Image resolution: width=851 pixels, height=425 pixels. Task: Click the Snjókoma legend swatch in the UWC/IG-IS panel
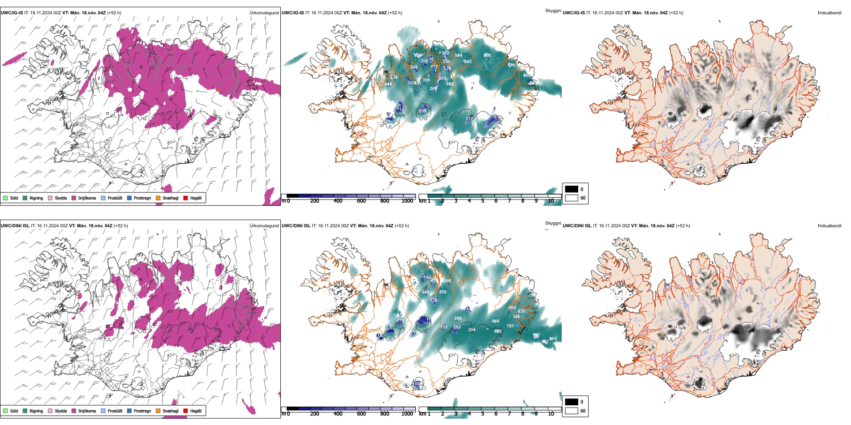click(74, 198)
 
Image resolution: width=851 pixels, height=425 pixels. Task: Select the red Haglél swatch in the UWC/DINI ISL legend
click(186, 411)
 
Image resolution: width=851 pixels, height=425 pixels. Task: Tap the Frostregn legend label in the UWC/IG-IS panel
click(142, 198)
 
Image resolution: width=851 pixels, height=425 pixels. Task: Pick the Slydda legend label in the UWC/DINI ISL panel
click(61, 411)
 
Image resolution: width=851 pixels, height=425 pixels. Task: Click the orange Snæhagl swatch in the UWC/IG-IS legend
click(158, 198)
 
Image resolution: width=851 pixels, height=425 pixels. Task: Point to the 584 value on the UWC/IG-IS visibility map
click(458, 55)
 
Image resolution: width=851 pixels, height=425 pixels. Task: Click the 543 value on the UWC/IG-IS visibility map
click(467, 62)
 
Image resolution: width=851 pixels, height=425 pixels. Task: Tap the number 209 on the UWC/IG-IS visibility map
click(422, 110)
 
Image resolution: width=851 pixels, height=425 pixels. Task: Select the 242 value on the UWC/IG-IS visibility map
click(414, 67)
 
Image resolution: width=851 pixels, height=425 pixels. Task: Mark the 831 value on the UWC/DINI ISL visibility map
click(521, 311)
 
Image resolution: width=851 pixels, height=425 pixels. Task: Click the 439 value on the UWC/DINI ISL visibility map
click(443, 292)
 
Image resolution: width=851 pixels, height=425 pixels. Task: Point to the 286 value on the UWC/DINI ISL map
click(458, 319)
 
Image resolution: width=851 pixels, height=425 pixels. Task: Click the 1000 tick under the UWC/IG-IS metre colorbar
click(407, 201)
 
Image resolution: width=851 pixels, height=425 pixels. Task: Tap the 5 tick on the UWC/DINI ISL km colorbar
click(482, 414)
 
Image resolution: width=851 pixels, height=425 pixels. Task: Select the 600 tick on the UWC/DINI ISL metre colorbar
click(361, 414)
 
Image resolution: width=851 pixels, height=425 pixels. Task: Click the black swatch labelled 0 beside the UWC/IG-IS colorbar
click(572, 189)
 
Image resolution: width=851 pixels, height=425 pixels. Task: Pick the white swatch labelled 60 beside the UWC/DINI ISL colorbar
click(572, 411)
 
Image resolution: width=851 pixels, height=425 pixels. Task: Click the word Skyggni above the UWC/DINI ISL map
click(553, 223)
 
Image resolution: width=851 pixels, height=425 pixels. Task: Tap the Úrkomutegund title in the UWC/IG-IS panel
click(264, 13)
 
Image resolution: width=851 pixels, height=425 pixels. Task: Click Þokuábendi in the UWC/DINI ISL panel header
click(830, 225)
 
